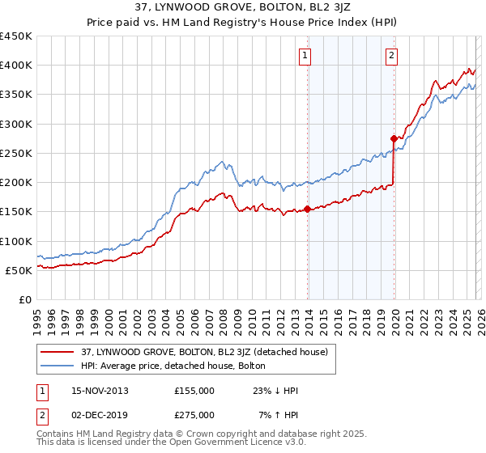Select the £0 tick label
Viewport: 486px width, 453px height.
[x=23, y=299]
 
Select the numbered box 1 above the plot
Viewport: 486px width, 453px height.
[x=305, y=56]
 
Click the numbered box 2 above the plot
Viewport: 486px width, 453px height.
[x=391, y=56]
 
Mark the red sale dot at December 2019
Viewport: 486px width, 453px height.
[x=394, y=138]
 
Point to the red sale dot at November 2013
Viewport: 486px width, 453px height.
[x=308, y=209]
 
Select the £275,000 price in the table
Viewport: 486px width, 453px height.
[x=194, y=414]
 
